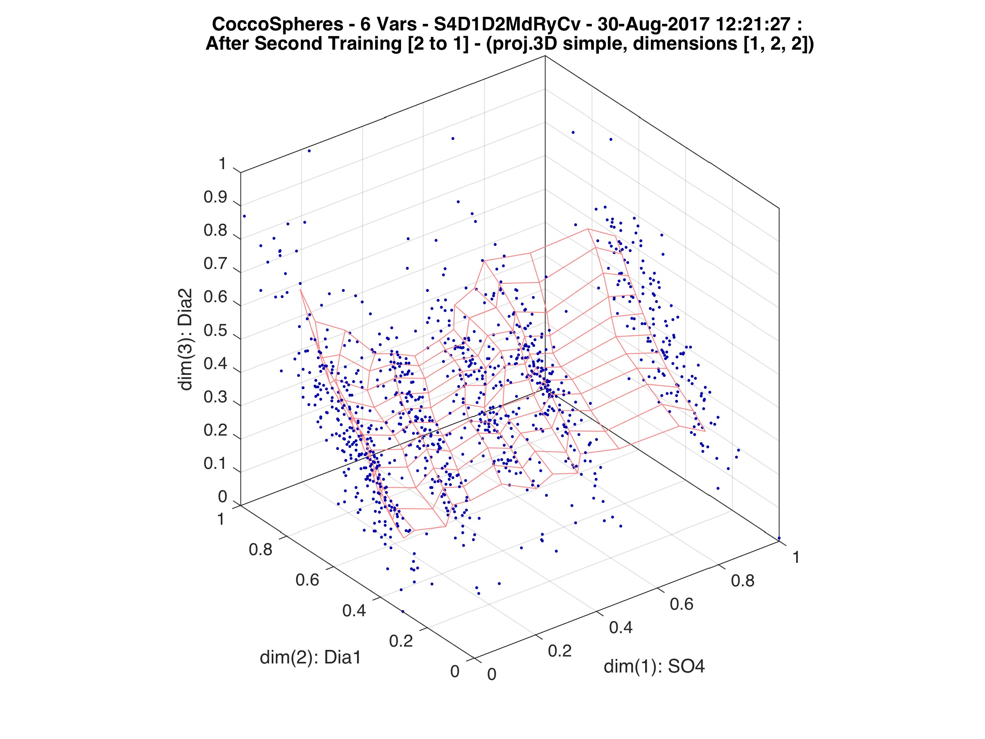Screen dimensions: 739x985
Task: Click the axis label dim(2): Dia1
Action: (x=310, y=657)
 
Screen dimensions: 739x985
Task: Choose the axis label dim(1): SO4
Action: (x=654, y=667)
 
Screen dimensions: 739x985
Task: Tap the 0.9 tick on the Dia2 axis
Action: (x=215, y=197)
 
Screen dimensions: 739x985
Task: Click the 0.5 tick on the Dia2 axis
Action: (x=215, y=331)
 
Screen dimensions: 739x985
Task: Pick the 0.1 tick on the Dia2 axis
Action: (x=215, y=464)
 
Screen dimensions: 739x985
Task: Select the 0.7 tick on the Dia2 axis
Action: (x=215, y=264)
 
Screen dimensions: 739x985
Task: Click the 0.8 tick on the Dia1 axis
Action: (x=261, y=550)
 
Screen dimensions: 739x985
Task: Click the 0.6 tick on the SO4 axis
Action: (x=681, y=604)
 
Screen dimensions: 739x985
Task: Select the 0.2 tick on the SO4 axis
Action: (x=559, y=651)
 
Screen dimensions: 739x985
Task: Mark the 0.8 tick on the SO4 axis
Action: (x=742, y=581)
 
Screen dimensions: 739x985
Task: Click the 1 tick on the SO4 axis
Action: (x=796, y=557)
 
